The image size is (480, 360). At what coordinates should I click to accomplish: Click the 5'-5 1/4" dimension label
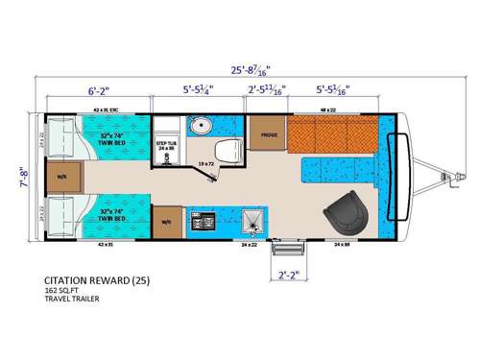click(x=199, y=93)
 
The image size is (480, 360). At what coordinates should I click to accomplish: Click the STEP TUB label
click(x=168, y=145)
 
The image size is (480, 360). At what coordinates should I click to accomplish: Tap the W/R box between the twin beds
click(x=61, y=176)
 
